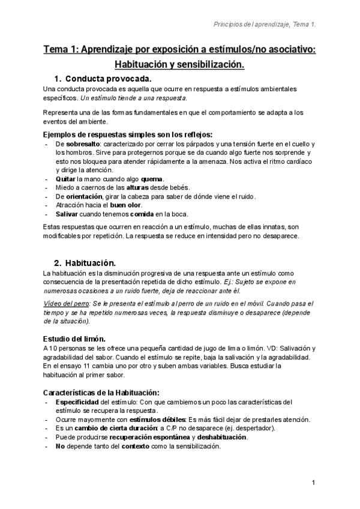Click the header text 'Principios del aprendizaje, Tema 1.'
(x=265, y=25)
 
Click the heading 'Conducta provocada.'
(x=109, y=79)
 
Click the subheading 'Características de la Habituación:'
(x=101, y=391)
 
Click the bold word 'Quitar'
(x=65, y=179)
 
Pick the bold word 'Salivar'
(x=67, y=213)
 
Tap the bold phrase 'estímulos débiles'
(x=157, y=419)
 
